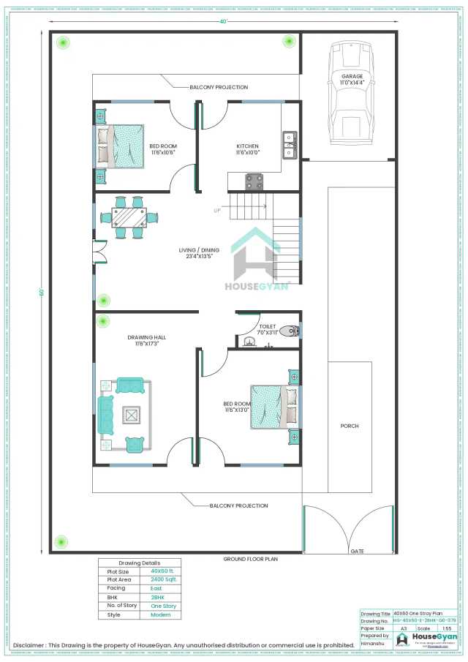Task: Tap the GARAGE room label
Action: (x=352, y=76)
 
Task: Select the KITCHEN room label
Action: (x=247, y=146)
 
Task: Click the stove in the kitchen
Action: (x=254, y=181)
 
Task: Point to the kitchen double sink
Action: (x=289, y=144)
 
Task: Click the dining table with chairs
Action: (x=129, y=217)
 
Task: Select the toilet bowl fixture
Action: (x=292, y=331)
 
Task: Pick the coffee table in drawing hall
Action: (x=131, y=415)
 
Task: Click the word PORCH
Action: (x=349, y=426)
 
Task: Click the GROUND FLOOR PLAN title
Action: (x=250, y=559)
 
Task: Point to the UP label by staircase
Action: (x=217, y=211)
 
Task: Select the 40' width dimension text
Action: (x=223, y=21)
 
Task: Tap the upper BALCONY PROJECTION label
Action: (x=219, y=87)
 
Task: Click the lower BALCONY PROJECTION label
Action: (x=238, y=505)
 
